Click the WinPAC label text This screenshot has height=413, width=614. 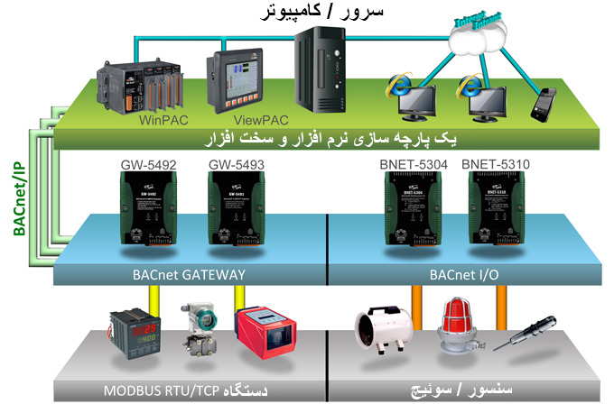(162, 118)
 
